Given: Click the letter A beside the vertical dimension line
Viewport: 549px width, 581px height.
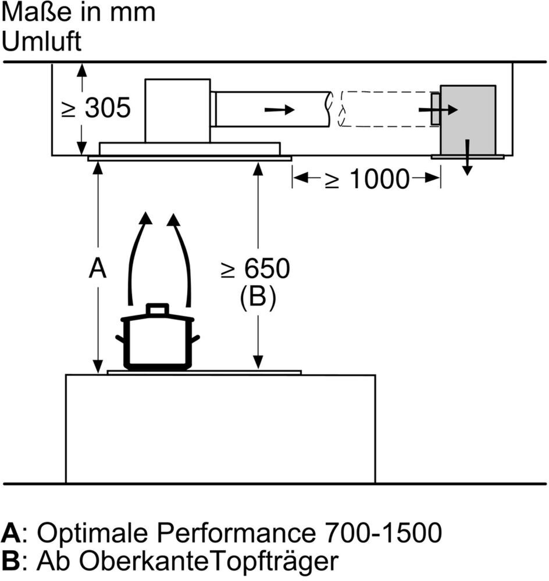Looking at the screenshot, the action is click(98, 268).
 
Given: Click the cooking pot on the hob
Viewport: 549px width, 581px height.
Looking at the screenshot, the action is click(157, 343).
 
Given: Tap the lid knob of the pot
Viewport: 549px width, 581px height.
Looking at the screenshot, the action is click(157, 309).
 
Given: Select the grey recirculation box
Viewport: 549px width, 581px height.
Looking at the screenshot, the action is click(468, 120).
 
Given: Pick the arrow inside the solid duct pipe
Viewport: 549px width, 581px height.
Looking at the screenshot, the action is click(279, 110).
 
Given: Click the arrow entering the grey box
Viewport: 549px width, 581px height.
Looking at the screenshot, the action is click(439, 110).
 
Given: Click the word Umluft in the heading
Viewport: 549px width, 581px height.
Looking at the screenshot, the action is click(42, 42).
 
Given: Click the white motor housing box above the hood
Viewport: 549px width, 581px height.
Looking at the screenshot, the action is click(177, 110).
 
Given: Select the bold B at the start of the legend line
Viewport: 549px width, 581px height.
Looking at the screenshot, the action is click(11, 560).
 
